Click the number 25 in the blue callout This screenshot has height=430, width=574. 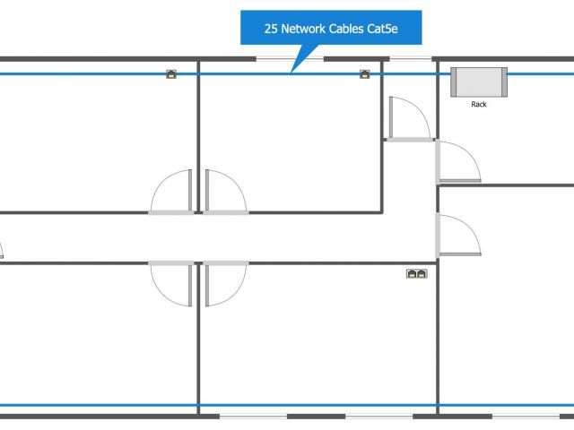pyautogui.click(x=270, y=29)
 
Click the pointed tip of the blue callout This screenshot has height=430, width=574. pyautogui.click(x=291, y=71)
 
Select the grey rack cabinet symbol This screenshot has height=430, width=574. pyautogui.click(x=479, y=82)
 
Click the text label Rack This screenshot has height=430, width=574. pyautogui.click(x=479, y=104)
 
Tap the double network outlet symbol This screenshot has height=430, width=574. pyautogui.click(x=417, y=273)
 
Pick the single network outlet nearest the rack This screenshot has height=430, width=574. pyautogui.click(x=365, y=74)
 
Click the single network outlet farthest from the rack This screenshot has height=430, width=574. pyautogui.click(x=170, y=74)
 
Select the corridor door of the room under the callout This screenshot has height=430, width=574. pyautogui.click(x=224, y=192)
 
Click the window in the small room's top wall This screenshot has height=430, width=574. pyautogui.click(x=409, y=60)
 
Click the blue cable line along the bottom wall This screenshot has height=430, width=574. pyautogui.click(x=314, y=405)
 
